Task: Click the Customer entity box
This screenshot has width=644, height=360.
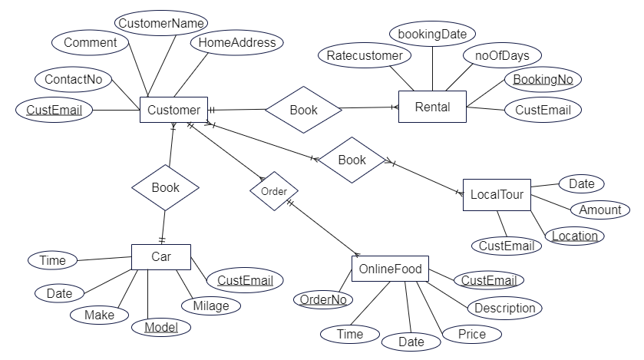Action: click(173, 110)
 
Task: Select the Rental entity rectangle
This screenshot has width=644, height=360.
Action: click(432, 107)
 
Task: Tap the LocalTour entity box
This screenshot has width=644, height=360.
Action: click(497, 194)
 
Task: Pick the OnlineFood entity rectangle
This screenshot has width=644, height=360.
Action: click(390, 269)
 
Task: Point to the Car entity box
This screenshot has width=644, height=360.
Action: click(161, 257)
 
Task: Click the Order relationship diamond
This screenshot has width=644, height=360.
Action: click(274, 191)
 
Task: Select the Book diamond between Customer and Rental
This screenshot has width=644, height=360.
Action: click(303, 110)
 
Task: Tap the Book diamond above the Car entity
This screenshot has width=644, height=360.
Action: click(166, 187)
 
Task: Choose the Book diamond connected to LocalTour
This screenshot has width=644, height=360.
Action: click(352, 160)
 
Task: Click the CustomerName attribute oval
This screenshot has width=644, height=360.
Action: click(161, 23)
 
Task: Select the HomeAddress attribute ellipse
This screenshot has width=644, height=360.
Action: click(237, 42)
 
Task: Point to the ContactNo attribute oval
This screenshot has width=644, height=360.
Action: click(74, 79)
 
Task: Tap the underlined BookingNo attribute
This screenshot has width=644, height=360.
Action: click(543, 79)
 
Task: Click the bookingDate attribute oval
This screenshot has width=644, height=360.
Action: click(432, 34)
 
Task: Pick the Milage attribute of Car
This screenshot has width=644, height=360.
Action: click(211, 306)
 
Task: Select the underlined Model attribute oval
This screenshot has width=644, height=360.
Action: click(161, 327)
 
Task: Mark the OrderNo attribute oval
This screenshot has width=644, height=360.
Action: click(323, 299)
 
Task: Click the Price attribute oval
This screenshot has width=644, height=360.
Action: click(472, 334)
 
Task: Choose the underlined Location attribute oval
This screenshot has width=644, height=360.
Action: click(575, 236)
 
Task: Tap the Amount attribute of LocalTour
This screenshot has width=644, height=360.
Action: click(600, 210)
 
